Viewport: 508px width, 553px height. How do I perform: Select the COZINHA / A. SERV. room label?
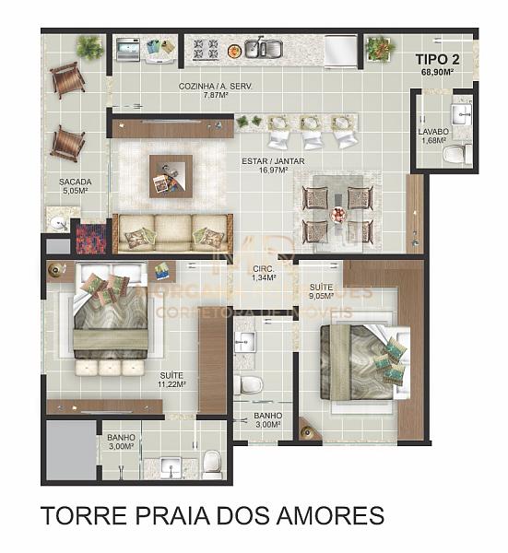216,88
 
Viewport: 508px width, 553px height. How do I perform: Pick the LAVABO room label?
432,132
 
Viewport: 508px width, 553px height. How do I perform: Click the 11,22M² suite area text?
172,385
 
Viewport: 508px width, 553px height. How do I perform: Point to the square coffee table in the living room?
171,175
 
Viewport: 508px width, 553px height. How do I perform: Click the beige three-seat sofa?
171,232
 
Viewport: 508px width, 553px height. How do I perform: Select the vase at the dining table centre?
338,216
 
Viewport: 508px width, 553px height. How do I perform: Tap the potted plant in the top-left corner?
90,47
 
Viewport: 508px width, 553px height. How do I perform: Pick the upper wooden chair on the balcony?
67,80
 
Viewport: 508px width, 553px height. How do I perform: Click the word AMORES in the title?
337,515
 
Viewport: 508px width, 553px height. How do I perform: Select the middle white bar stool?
312,136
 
